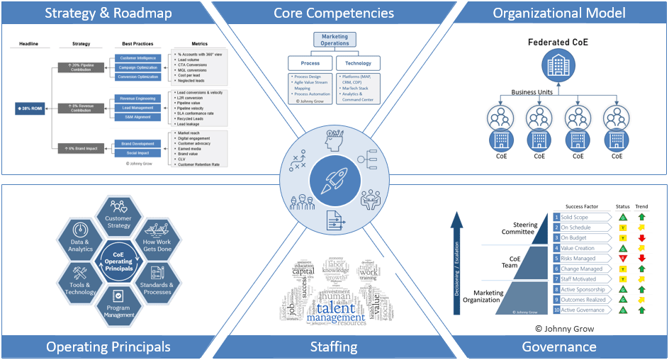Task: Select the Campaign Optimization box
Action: [138, 67]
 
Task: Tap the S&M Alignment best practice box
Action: [138, 117]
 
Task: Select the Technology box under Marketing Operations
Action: [358, 64]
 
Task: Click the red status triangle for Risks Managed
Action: [622, 259]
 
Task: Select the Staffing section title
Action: [334, 347]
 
